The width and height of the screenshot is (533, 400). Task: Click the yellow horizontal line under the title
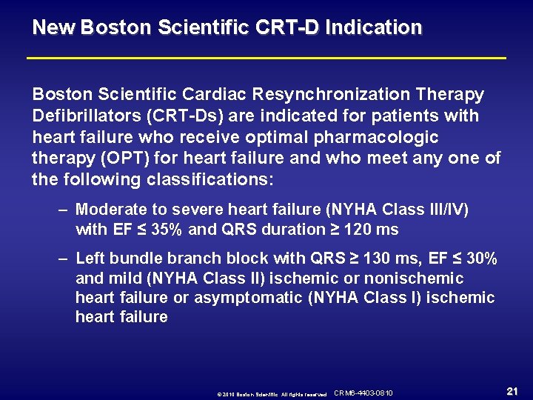pos(266,58)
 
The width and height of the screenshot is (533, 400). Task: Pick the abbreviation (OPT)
pos(126,159)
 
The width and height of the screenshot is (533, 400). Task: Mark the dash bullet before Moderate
pos(64,210)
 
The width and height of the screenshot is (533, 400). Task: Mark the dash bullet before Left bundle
pos(64,259)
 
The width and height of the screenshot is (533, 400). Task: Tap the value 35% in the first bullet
pos(167,230)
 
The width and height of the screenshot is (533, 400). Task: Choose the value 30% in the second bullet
pos(482,259)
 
